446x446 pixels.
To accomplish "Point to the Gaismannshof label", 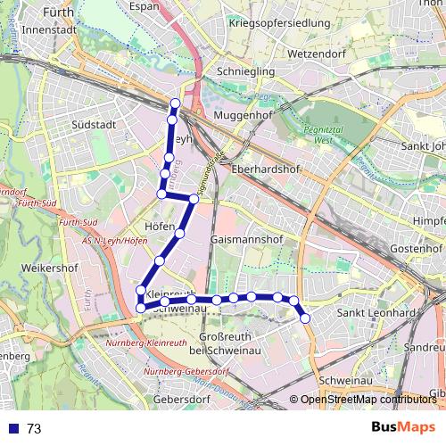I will point(248,241).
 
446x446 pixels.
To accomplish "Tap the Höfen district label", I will point(158,227).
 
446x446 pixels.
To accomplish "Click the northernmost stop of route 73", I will point(175,104).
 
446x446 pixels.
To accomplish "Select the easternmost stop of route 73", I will point(305,318).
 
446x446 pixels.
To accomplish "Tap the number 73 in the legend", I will point(34,429).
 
